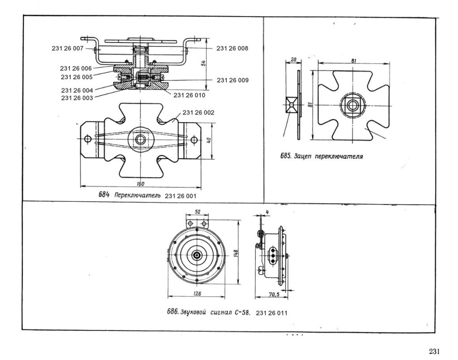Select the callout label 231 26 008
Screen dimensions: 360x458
pos(232,48)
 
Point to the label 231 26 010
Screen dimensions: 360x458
pos(189,95)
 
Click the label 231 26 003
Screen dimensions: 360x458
pos(76,97)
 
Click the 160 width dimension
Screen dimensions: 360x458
pos(141,183)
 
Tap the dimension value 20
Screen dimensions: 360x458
pos(293,59)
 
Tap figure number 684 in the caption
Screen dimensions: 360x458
pos(104,195)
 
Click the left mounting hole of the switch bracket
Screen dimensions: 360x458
pos(88,139)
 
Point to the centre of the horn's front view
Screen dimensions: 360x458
pos(197,254)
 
